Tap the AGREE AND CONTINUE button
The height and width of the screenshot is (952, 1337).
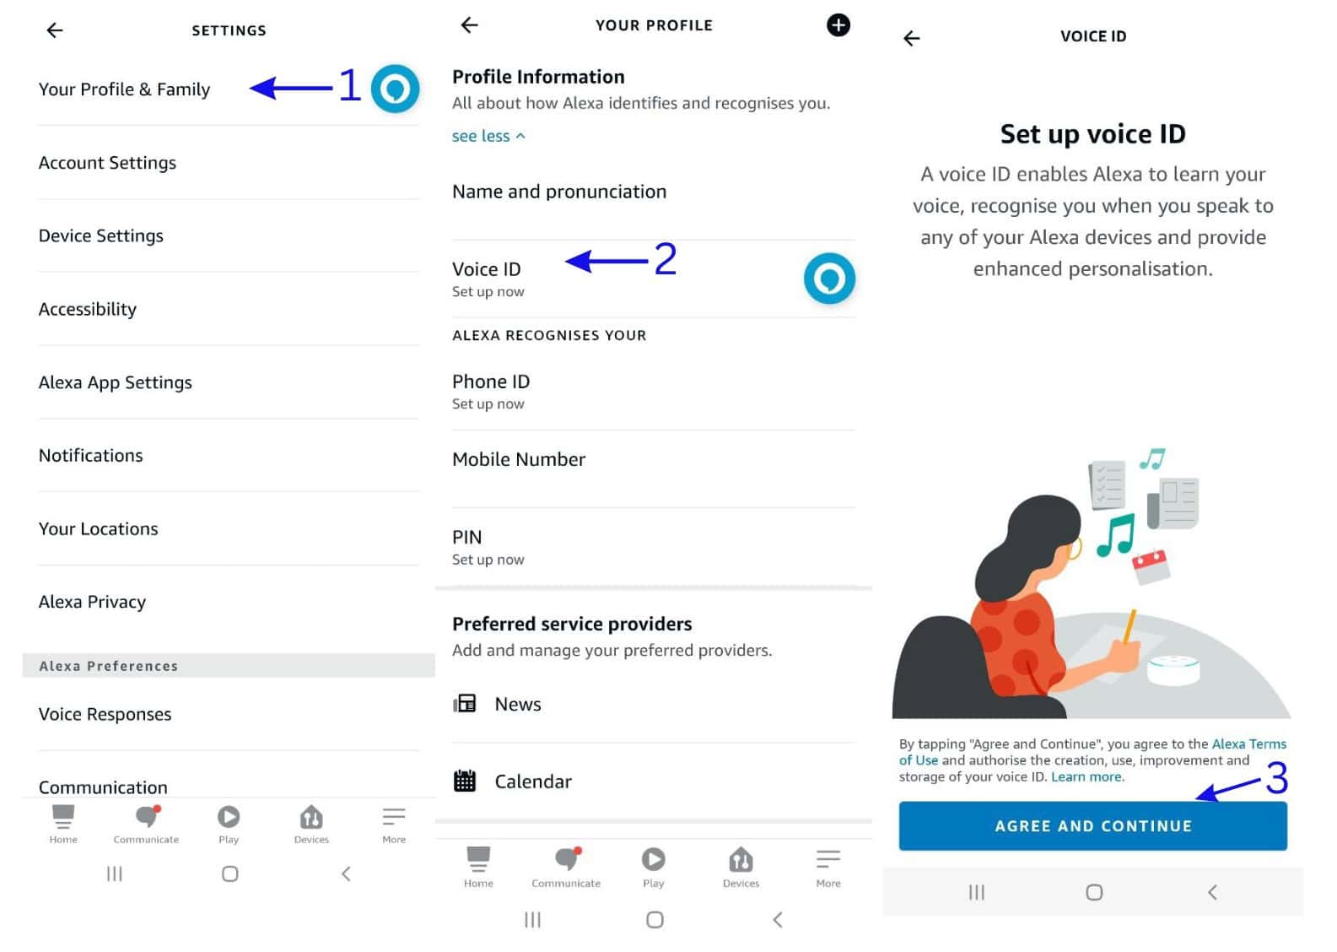coord(1092,825)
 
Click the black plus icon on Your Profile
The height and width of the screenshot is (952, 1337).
coord(838,25)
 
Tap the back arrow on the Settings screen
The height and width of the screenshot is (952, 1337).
coord(55,30)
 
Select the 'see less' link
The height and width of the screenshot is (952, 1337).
coord(488,136)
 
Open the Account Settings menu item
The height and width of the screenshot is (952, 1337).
coord(107,163)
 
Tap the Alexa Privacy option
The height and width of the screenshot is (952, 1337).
coord(92,602)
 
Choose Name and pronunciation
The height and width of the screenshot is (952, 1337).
coord(558,192)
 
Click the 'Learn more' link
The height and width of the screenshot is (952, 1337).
coord(1086,776)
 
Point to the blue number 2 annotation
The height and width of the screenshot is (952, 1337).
coord(666,259)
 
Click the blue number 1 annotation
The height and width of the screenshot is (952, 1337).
coord(349,85)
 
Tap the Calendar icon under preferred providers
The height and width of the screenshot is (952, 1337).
coord(465,781)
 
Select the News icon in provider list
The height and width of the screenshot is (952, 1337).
coord(465,703)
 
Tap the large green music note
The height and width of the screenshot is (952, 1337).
coord(1115,534)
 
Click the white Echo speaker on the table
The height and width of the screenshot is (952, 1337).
coord(1173,670)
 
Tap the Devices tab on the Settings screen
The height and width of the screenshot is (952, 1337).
coord(311,823)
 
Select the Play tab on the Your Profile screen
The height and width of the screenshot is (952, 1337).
coord(653,867)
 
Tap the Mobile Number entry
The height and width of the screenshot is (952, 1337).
coord(518,459)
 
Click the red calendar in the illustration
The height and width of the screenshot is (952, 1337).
coord(1151,565)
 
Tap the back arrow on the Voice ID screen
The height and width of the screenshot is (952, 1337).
coord(911,38)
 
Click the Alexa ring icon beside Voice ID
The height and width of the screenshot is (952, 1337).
coord(829,279)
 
